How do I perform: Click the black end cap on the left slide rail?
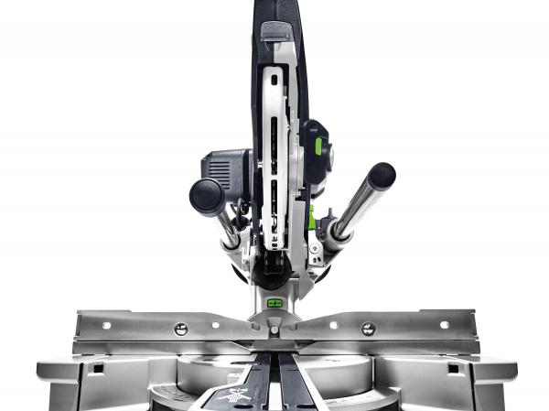pos(207,195)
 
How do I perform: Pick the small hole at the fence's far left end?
pos(106,324)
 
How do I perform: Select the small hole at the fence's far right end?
pos(444,324)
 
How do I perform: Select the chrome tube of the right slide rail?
pos(353,211)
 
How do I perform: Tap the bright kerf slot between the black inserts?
pos(274,375)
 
